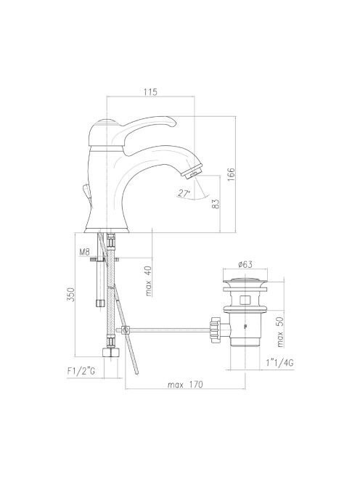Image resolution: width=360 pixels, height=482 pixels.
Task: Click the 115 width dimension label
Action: tap(150, 91)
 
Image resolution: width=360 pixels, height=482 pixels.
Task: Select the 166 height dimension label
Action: tap(231, 174)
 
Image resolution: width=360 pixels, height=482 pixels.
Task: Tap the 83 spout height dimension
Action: tap(216, 204)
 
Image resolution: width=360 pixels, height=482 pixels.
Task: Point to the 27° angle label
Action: tap(184, 193)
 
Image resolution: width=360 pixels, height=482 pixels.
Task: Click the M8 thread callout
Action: tap(84, 253)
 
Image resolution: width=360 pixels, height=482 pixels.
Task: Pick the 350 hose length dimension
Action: tap(70, 295)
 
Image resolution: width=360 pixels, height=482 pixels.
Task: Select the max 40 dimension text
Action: tap(149, 281)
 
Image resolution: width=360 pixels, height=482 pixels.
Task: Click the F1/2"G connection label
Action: tap(81, 371)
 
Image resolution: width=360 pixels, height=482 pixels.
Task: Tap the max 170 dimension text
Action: tap(185, 384)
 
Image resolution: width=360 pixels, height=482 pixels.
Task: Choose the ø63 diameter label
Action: tap(245, 264)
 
